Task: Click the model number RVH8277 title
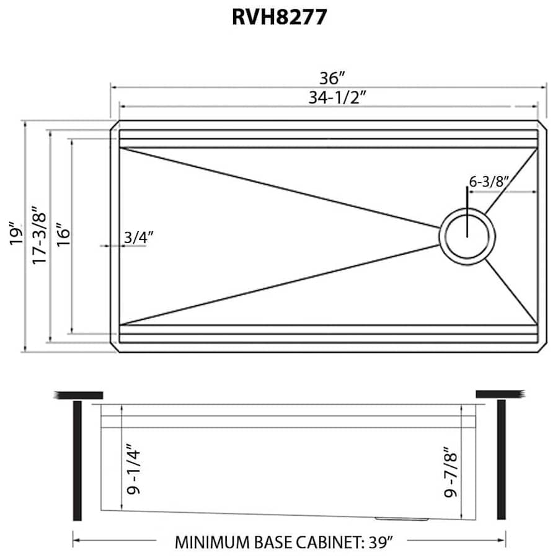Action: [x=279, y=17]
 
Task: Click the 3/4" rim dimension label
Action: [x=138, y=236]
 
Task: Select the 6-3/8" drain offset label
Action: [x=489, y=182]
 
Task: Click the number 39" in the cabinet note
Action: [x=381, y=542]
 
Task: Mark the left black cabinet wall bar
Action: [x=77, y=460]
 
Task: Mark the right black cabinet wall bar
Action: [x=501, y=460]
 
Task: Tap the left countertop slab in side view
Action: [x=79, y=394]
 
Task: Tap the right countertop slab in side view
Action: [x=500, y=394]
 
